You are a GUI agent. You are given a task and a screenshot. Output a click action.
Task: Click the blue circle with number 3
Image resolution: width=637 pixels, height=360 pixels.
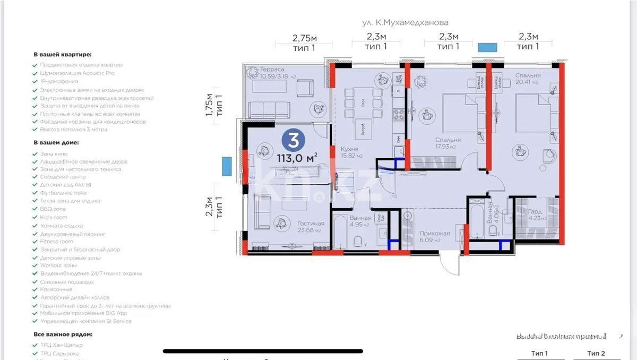point(292,140)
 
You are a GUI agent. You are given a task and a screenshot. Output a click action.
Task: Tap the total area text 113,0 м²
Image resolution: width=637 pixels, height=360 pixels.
point(297,157)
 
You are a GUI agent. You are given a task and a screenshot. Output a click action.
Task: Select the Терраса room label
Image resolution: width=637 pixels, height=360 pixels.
point(272,69)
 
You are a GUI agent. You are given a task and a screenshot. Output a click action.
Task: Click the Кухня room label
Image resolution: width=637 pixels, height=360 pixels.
point(350,149)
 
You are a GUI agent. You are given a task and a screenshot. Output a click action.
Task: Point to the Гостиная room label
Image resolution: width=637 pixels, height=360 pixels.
point(310,224)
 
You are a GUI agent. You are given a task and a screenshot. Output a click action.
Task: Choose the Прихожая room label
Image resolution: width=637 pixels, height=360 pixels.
point(434,233)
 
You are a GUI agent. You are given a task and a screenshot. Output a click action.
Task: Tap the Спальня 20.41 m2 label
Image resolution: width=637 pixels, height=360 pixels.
point(527,75)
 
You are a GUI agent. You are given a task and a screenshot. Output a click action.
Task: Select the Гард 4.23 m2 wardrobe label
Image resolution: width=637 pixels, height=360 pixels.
point(535,212)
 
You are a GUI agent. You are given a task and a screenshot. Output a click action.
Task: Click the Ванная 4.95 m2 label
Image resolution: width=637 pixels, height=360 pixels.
point(360,218)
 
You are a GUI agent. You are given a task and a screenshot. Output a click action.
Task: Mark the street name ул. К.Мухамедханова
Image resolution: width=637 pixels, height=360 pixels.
point(405,22)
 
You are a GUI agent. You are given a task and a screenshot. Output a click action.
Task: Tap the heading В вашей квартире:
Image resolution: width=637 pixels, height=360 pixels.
point(63,54)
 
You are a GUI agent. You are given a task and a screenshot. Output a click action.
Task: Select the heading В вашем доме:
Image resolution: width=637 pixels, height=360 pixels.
point(56,143)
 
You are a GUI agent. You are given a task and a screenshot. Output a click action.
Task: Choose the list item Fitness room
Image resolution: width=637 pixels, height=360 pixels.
point(56,241)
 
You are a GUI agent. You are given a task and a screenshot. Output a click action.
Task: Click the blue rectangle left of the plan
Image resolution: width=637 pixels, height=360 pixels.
point(227,166)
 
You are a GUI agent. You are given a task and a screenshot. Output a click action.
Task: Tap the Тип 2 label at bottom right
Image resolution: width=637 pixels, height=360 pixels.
point(596,353)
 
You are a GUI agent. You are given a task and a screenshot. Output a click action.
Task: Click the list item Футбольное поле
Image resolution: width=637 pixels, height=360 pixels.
point(63,193)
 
